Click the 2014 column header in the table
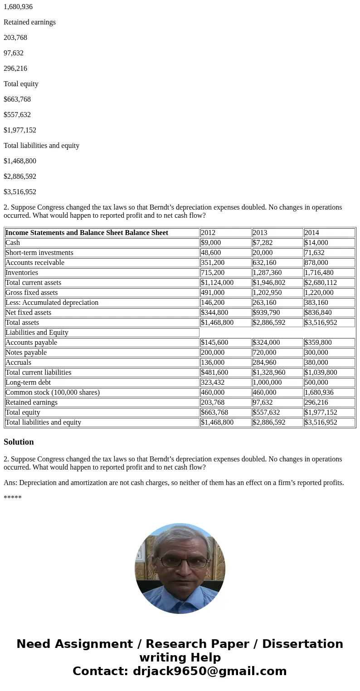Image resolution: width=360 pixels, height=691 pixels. point(311,233)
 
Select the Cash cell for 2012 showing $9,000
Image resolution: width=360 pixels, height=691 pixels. point(211,243)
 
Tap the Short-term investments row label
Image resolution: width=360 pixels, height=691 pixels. point(39,253)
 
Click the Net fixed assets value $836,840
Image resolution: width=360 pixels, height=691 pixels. point(318,313)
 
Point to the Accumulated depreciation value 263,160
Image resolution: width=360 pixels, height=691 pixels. point(264,303)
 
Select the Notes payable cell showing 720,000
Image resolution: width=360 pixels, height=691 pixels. point(264,353)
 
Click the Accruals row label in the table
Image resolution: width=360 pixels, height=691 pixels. point(19,363)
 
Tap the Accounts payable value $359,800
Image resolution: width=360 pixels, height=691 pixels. point(318,343)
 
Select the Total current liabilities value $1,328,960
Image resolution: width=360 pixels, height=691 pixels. point(269,372)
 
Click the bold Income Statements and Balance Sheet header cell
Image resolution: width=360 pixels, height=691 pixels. point(87,233)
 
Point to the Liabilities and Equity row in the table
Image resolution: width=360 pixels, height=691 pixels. point(37,333)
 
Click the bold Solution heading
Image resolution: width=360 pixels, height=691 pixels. point(19,442)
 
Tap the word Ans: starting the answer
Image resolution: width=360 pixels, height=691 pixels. point(10,483)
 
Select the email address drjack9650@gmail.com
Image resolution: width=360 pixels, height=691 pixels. point(209,671)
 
